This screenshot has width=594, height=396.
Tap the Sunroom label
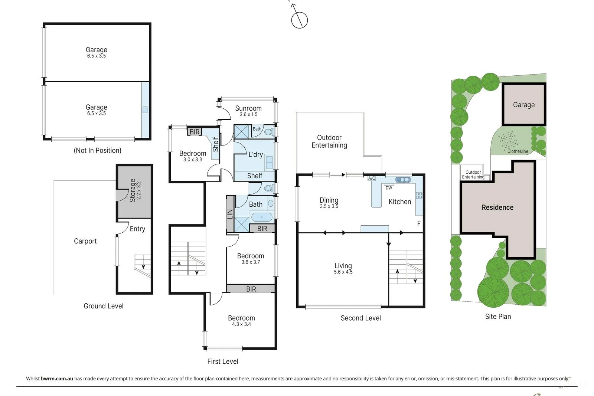point(248,108)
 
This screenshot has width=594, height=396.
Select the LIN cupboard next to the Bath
point(230,214)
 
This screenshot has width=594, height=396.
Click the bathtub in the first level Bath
point(262,217)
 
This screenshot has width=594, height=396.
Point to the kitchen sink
point(403,180)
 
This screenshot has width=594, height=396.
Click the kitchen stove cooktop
point(419,195)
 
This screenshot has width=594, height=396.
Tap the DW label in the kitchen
point(389,188)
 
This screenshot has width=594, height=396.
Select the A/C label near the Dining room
point(372,179)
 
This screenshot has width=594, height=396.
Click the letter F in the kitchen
point(419,223)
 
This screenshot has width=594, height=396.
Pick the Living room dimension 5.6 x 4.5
point(343,272)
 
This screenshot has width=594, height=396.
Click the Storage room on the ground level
point(135,191)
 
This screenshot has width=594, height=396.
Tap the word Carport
point(85,241)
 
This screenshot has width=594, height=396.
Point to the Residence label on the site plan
point(497,207)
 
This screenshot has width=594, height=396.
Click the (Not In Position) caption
point(98,150)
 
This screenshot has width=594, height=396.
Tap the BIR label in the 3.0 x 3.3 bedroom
point(195,132)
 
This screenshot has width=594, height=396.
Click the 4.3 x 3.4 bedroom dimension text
point(241,324)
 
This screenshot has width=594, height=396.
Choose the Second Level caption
point(360,318)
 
